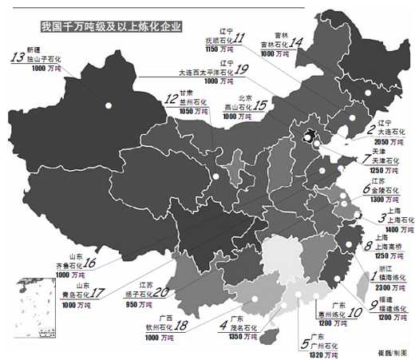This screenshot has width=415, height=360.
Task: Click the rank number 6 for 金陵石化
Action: point(366,190)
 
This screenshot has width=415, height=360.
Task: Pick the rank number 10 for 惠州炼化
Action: point(354,313)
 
